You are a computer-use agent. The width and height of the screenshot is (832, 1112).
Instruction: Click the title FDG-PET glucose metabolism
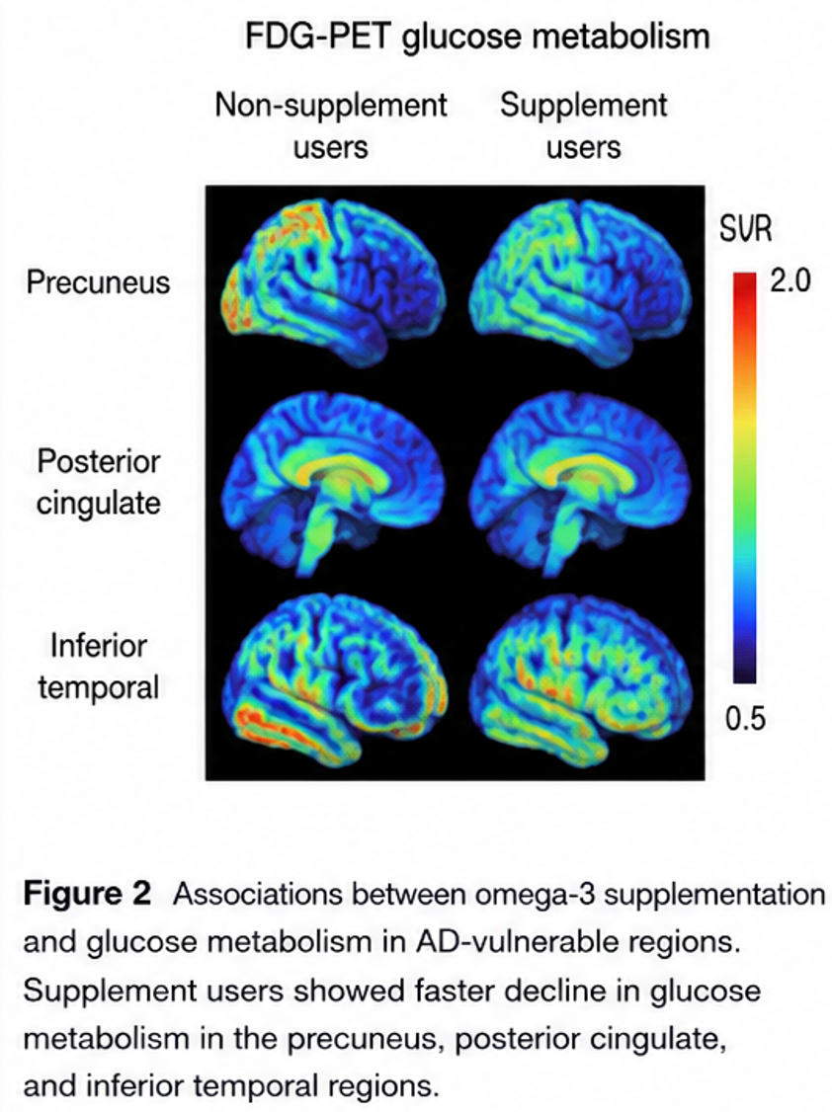point(477,37)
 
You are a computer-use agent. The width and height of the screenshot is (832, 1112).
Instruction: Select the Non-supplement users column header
point(331,126)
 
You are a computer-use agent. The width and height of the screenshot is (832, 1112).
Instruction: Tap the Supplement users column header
point(583,126)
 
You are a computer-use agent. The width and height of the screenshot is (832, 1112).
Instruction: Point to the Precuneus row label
point(98,282)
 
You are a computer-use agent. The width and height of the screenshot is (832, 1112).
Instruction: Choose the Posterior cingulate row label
point(99,482)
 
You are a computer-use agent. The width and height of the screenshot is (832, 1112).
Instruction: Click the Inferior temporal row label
point(99,666)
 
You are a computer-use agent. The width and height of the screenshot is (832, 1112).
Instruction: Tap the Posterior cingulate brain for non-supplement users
point(333,481)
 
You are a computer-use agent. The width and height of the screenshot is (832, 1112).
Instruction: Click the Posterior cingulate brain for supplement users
point(582,481)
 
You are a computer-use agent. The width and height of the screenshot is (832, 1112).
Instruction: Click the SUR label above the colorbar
point(745,228)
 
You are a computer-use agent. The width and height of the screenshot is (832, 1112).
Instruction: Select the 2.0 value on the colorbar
point(790,281)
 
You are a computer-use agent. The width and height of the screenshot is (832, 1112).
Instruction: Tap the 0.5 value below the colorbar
point(745,719)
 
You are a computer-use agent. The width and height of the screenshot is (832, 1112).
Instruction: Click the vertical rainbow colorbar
point(745,477)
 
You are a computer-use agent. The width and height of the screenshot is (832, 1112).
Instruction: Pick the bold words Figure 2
point(87,894)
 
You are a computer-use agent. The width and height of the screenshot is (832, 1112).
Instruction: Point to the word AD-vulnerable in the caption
point(523,942)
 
